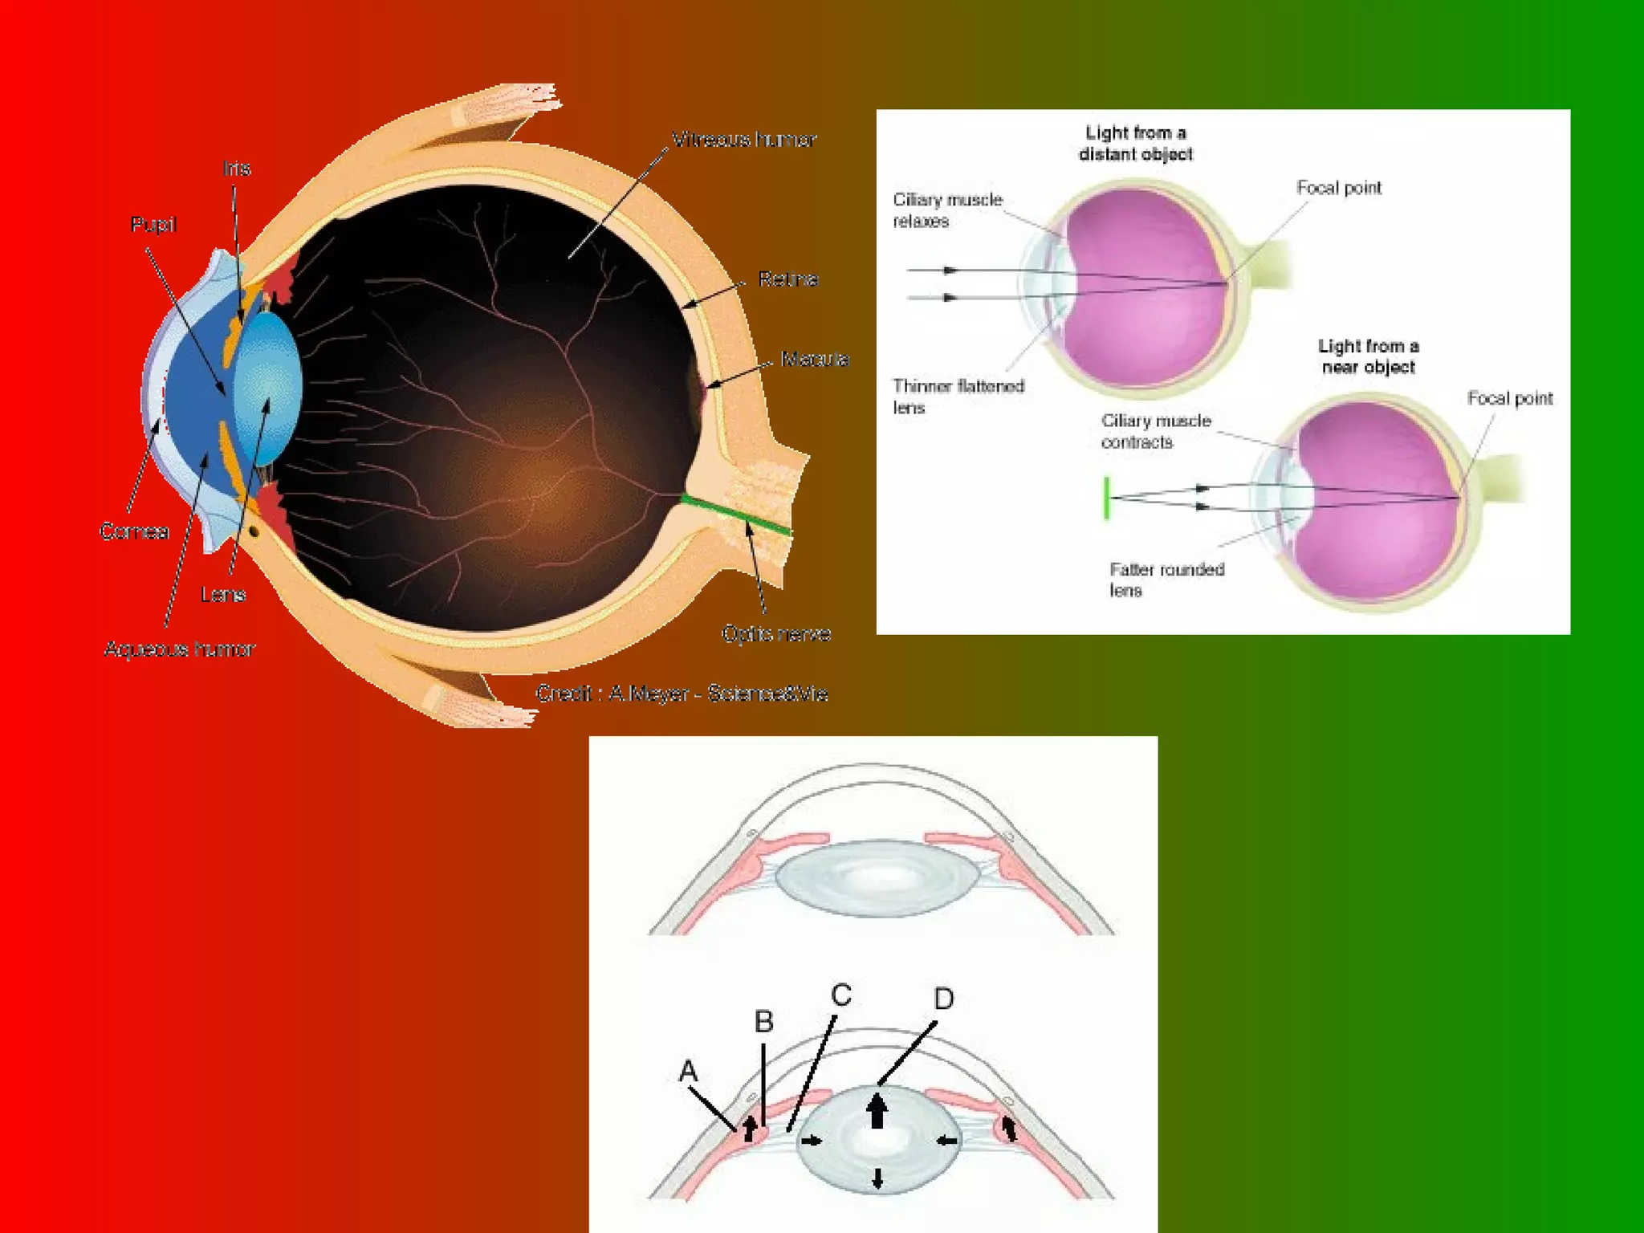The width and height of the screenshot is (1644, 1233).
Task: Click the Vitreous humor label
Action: pos(743,140)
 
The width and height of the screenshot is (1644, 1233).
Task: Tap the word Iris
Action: pos(237,169)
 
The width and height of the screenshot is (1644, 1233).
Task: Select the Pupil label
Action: pos(153,225)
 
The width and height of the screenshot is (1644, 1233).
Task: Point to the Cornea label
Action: pos(134,531)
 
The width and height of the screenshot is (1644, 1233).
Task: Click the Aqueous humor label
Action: pos(180,649)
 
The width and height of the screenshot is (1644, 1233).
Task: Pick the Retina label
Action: pos(787,279)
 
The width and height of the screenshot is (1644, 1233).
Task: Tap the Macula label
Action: pos(814,359)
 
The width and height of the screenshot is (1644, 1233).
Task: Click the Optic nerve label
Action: pos(775,634)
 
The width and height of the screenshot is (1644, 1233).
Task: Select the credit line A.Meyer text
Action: pos(682,694)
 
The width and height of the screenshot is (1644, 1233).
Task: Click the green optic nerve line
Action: pos(735,515)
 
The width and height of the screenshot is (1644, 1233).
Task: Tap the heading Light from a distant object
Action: pos(1135,143)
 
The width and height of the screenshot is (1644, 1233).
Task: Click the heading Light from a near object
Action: pos(1368,356)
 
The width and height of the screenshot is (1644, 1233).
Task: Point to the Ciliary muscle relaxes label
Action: pos(947,210)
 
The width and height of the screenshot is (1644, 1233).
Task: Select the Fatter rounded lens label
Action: pos(1166,580)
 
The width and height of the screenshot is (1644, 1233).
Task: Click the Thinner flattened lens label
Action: pos(958,397)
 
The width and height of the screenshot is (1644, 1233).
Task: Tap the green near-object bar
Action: pos(1107,498)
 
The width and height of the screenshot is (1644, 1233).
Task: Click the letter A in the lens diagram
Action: pos(688,1071)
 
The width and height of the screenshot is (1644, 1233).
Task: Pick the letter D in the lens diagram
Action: pos(944,999)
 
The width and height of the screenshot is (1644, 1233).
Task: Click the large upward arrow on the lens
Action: pos(877,1112)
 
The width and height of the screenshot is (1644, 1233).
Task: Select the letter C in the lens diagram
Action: pos(840,995)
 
